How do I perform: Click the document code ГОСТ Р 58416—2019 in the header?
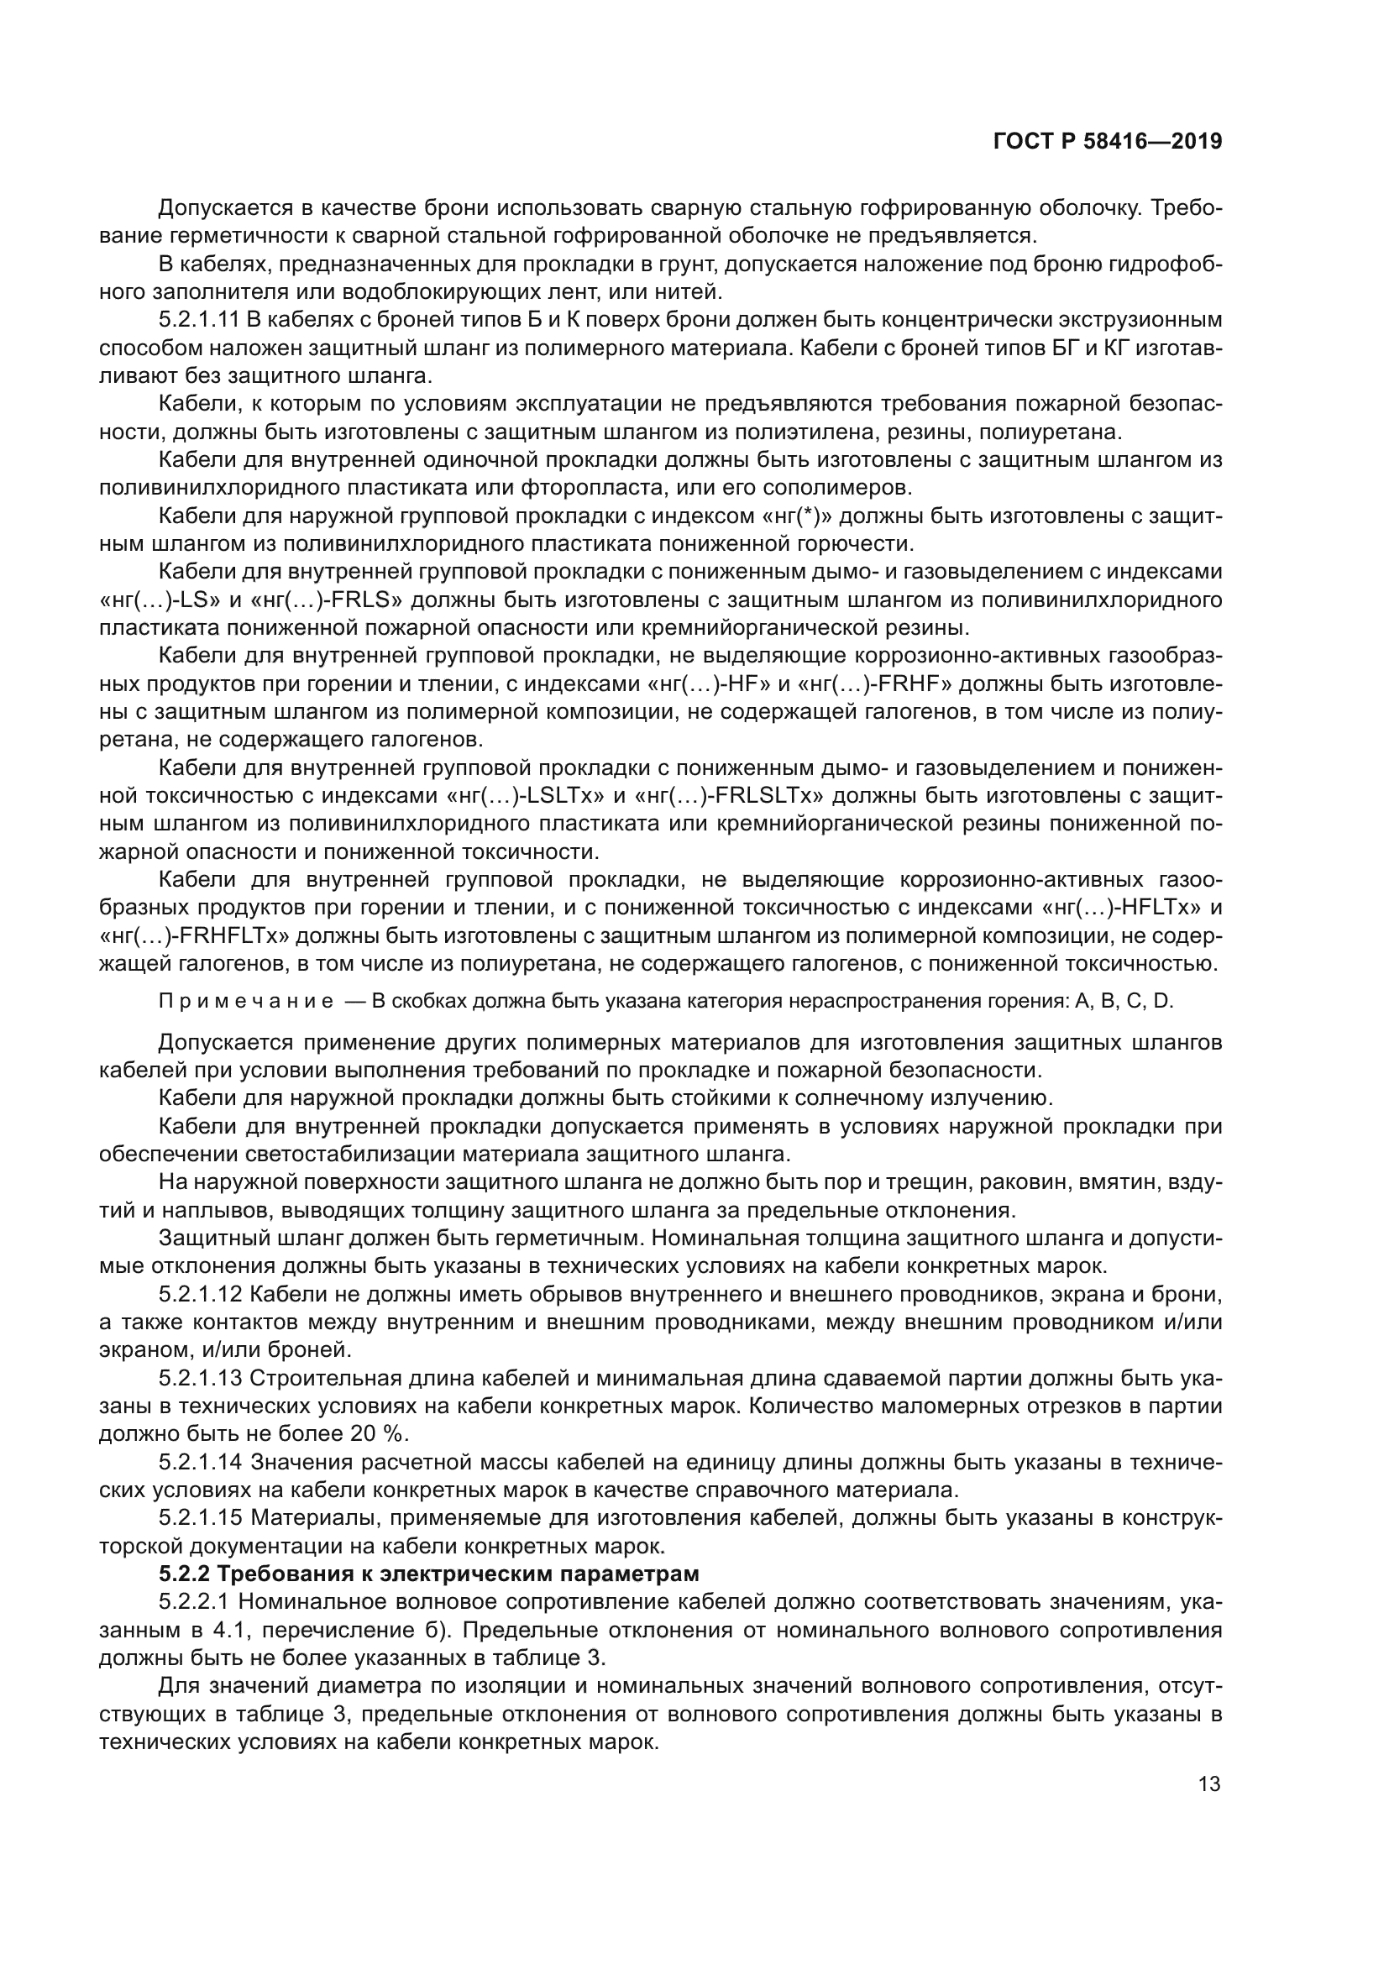point(1108,141)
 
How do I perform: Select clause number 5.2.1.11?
point(199,321)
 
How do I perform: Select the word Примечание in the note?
point(246,1002)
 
